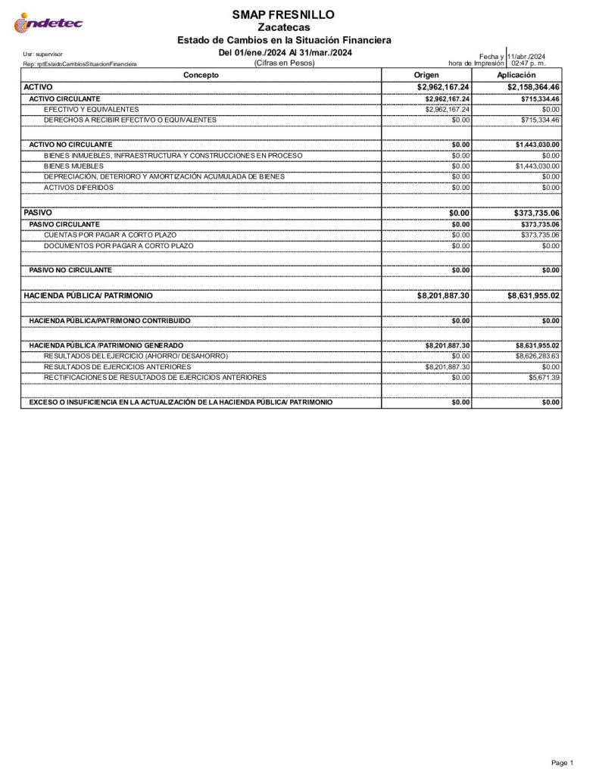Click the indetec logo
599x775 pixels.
[48, 24]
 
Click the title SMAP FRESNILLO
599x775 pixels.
[284, 14]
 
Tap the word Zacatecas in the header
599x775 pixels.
[284, 27]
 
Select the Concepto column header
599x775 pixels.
[201, 75]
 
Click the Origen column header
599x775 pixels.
[426, 75]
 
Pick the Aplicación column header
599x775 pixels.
[516, 75]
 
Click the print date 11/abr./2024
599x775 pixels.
[527, 57]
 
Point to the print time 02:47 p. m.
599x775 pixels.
[529, 64]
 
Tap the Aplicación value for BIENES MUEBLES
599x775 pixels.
[537, 166]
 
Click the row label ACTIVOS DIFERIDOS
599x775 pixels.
[79, 187]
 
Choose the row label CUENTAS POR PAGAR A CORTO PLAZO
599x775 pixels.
[110, 235]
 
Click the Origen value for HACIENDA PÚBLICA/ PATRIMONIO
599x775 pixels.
[443, 295]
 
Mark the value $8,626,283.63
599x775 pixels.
[538, 356]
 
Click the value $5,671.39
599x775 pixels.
[544, 377]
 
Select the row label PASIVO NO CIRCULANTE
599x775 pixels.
[70, 269]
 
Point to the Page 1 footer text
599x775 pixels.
[562, 762]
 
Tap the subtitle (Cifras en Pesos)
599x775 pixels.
[284, 64]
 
